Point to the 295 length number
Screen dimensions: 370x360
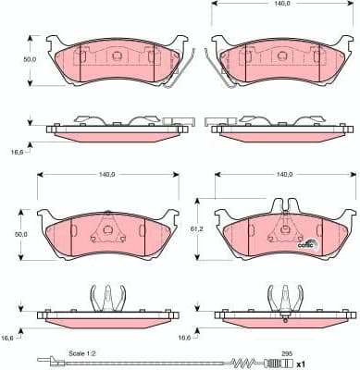tap(287, 353)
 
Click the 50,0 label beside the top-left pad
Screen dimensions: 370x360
tap(30, 58)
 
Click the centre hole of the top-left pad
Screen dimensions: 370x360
tap(118, 55)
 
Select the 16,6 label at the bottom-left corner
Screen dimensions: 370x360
tap(8, 339)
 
